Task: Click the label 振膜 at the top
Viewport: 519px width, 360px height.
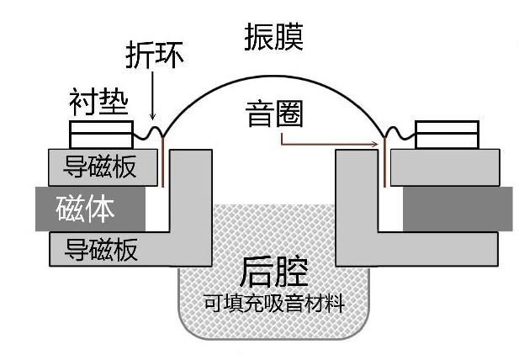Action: pos(273,36)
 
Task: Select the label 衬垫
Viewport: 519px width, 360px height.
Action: pos(98,104)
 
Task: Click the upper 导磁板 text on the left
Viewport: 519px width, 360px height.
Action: pos(103,167)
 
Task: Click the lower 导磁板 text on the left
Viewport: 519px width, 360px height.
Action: pos(103,250)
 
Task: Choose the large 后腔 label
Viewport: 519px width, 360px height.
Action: pos(273,271)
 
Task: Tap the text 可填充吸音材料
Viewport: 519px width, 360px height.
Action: pos(273,303)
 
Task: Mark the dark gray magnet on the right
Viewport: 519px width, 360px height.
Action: pos(458,208)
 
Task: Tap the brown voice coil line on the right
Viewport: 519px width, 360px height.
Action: pos(384,160)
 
